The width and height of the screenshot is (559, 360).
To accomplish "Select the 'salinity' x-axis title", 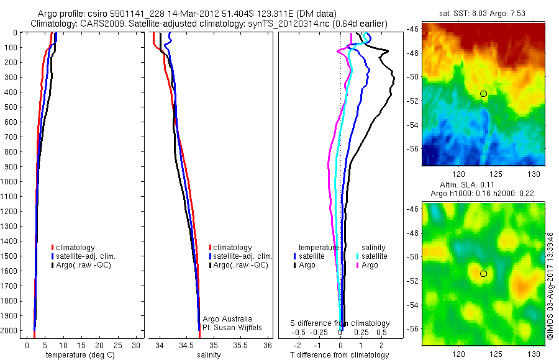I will pos(209,355).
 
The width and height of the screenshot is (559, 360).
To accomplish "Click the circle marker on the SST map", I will pos(483,94).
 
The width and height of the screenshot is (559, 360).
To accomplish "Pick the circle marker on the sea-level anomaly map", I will pos(483,273).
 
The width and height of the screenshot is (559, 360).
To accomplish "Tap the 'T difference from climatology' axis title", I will pos(339,355).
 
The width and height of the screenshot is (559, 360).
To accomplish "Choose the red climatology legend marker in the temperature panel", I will pos(53,248).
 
